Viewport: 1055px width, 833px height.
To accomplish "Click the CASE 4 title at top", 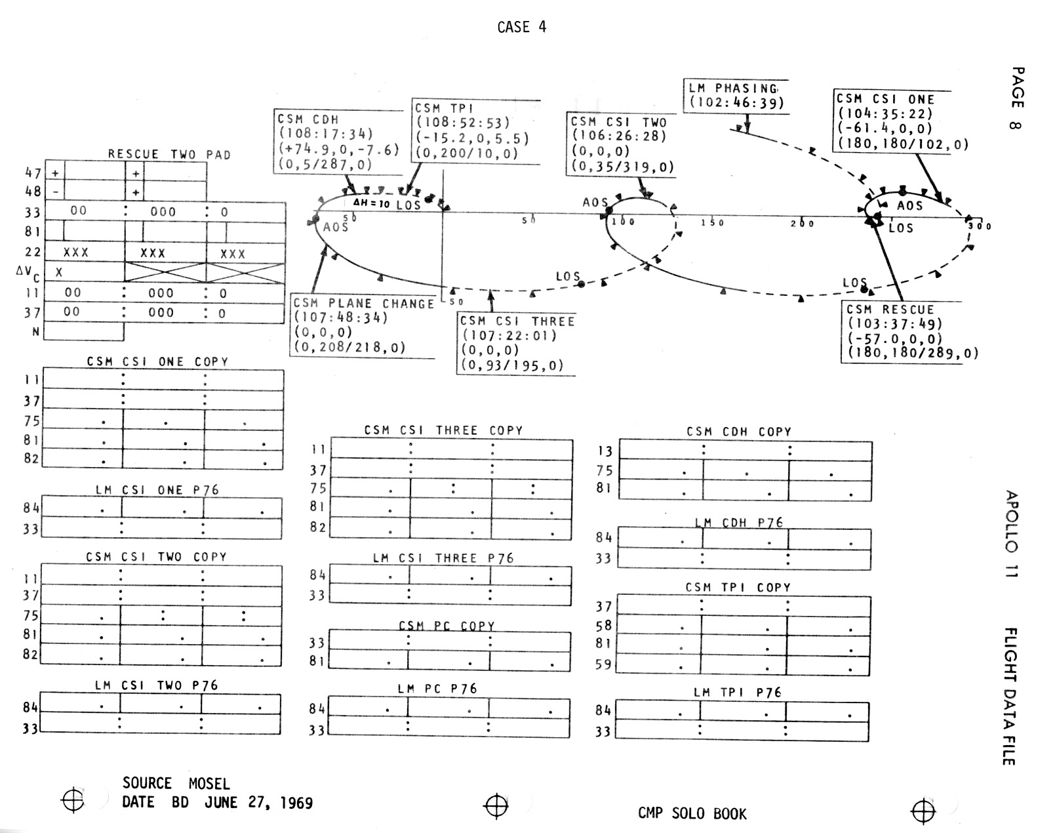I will (521, 27).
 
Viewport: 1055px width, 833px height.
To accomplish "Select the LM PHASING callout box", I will (735, 96).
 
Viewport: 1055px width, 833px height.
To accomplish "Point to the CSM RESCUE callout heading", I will (890, 310).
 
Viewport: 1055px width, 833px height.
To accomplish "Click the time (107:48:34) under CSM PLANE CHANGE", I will (340, 318).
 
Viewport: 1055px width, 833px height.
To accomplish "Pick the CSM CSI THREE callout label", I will (517, 321).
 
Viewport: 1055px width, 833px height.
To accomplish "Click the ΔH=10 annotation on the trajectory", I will (372, 203).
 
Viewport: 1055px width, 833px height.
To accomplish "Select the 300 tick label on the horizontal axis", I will (980, 226).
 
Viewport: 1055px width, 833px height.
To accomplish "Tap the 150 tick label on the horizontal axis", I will (712, 223).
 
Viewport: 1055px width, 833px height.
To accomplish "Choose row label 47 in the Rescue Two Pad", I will (33, 173).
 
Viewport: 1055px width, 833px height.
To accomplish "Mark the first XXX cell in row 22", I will (75, 253).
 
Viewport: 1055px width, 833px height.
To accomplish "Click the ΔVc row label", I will (28, 272).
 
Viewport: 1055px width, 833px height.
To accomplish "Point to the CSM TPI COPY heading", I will (738, 588).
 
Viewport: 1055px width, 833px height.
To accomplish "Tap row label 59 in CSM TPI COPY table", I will (603, 664).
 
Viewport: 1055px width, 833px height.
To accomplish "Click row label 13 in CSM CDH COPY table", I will (605, 451).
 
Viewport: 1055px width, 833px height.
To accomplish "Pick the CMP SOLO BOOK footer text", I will (692, 814).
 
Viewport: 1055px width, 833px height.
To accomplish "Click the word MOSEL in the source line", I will (209, 784).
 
